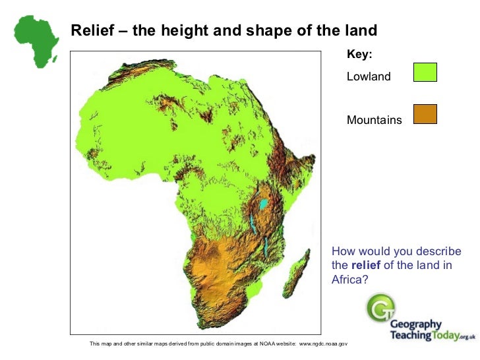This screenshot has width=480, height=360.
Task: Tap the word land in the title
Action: pos(360,30)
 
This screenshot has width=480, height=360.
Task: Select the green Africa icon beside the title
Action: pos(36,40)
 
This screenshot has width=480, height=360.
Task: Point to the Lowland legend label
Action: pos(369,76)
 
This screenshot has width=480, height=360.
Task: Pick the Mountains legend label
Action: pos(374,120)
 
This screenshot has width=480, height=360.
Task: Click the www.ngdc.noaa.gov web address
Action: pos(323,344)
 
